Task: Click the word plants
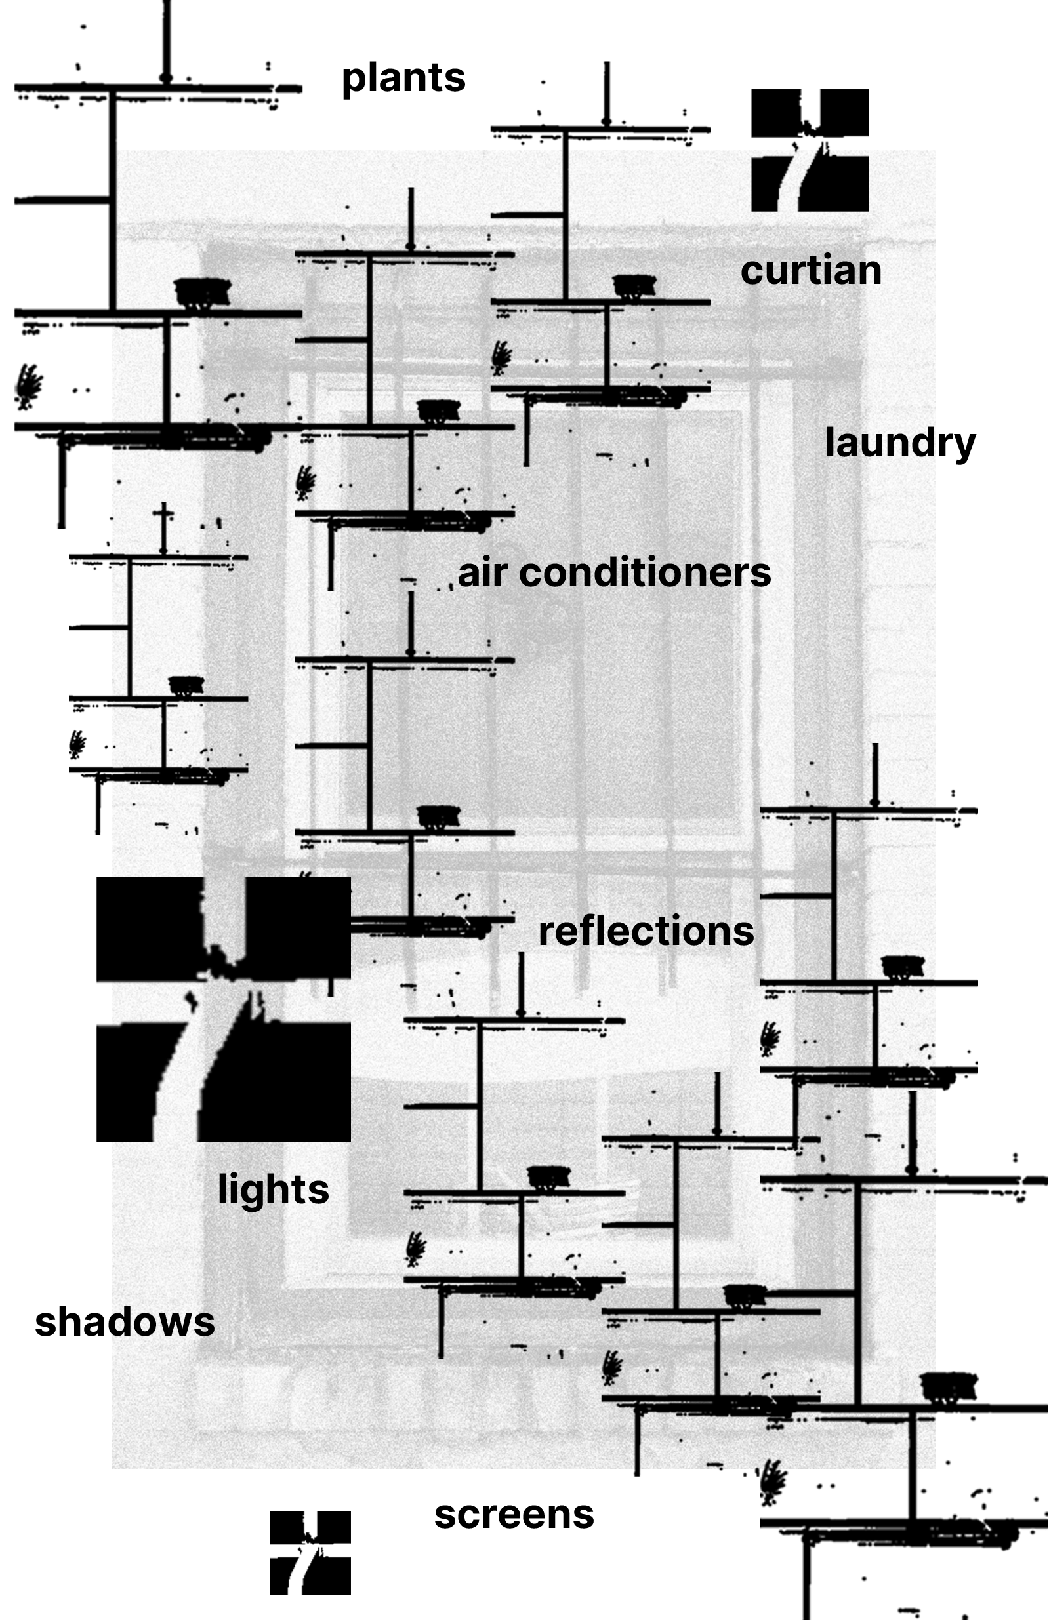(403, 78)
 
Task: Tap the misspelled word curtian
(811, 270)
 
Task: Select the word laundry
(900, 443)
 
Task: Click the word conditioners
(644, 572)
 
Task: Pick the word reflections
(646, 931)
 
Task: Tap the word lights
(273, 1190)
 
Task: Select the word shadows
(125, 1322)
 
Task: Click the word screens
(514, 1515)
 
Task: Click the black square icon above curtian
(810, 150)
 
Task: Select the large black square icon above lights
(224, 1009)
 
